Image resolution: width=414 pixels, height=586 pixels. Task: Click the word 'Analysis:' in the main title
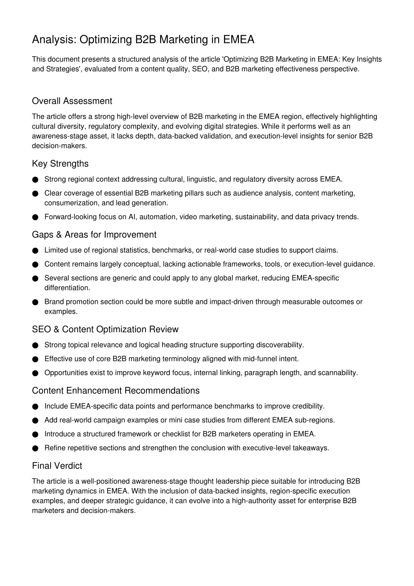tap(54, 40)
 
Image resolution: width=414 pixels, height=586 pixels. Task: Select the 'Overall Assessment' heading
tap(72, 101)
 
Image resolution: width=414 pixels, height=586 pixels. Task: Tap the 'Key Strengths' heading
tap(60, 164)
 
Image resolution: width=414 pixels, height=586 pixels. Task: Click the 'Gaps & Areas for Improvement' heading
tap(94, 235)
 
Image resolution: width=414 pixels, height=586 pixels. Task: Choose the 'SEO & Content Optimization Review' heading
tap(105, 329)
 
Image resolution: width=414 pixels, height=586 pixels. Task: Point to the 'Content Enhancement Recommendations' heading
tap(116, 391)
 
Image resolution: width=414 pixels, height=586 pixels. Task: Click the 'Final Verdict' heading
tap(57, 466)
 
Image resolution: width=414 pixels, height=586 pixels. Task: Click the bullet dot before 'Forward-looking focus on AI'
tap(35, 217)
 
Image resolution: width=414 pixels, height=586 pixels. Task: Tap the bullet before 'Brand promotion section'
tap(35, 302)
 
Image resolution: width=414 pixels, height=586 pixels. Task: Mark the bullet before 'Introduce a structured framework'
tap(35, 434)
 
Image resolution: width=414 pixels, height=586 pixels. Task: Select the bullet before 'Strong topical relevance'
tap(35, 345)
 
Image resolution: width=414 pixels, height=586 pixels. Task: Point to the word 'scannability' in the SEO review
tap(338, 373)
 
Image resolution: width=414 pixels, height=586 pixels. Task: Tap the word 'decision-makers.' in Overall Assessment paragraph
tap(59, 146)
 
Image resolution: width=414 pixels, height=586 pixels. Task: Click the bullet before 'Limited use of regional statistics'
tap(35, 251)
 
